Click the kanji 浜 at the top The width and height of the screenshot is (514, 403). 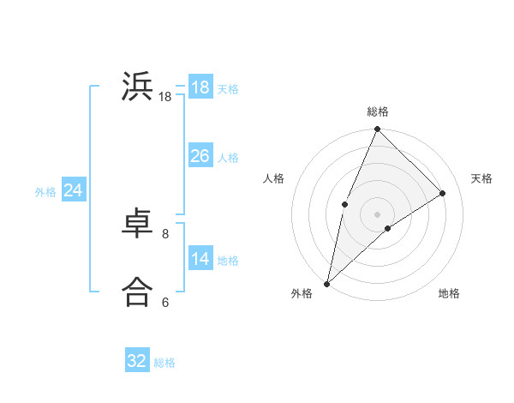[137, 87]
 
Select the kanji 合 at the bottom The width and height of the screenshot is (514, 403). [137, 292]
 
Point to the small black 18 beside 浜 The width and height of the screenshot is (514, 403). [165, 98]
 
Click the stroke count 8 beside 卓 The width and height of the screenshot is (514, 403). [165, 233]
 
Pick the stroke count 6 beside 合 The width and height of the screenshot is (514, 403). [165, 302]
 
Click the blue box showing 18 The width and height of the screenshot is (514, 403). [200, 87]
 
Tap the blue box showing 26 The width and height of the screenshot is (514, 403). [200, 156]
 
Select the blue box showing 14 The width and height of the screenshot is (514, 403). [200, 259]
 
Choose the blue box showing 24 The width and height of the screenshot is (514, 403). [74, 190]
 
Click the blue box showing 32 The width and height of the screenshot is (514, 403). [137, 361]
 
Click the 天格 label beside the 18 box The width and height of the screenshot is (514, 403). [228, 88]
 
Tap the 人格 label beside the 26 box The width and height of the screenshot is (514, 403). [228, 158]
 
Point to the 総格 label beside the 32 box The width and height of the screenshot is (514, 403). [164, 363]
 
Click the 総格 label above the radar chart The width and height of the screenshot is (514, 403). [378, 111]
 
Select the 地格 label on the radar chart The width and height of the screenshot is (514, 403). [449, 293]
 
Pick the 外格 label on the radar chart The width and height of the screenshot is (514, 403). [302, 293]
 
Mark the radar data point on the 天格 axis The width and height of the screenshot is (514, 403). [443, 194]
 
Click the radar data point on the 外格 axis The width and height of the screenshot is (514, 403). [327, 283]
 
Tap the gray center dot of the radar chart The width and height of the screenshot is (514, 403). [378, 214]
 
